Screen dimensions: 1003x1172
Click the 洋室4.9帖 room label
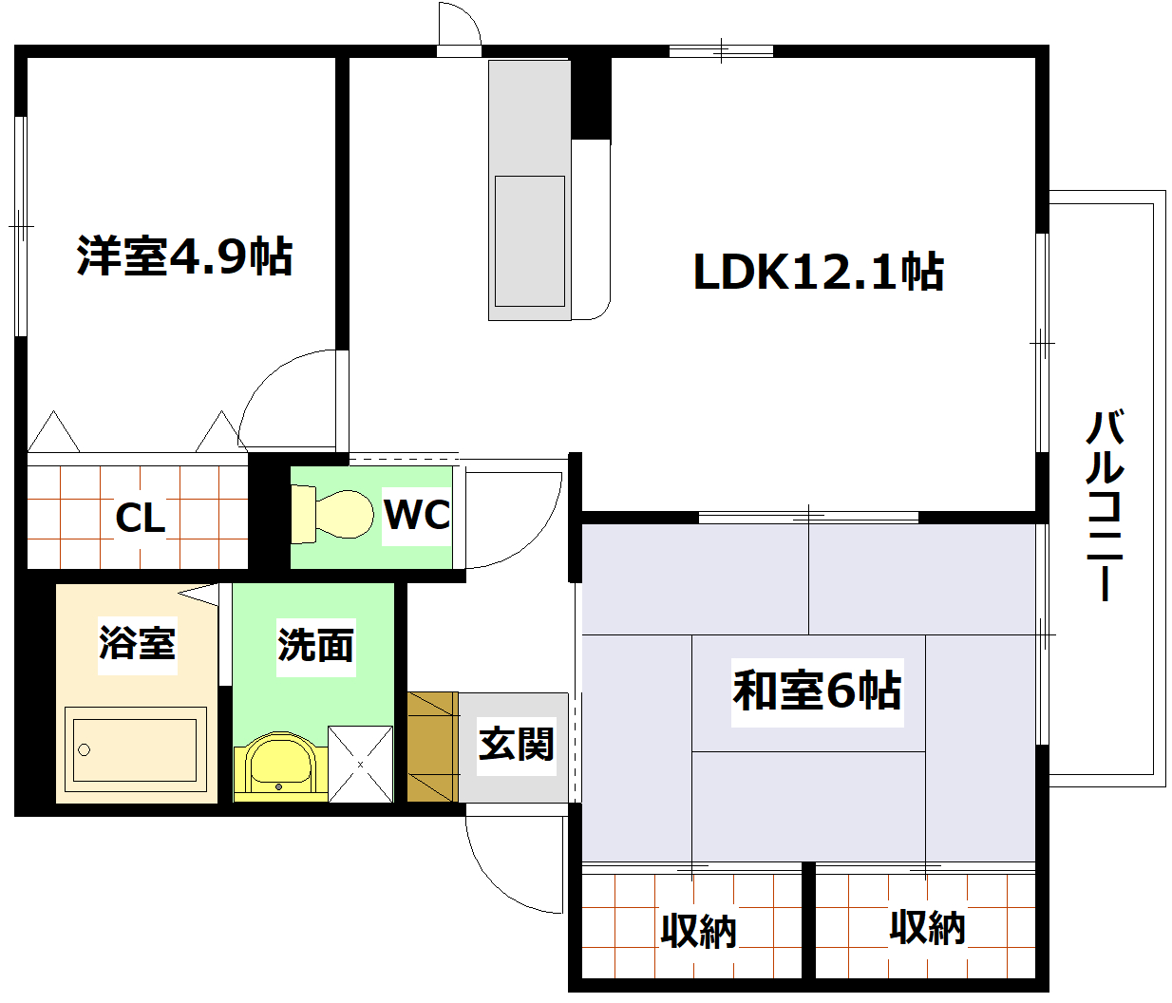pyautogui.click(x=184, y=255)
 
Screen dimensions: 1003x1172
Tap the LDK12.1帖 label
pyautogui.click(x=818, y=272)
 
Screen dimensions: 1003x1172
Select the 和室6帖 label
pyautogui.click(x=817, y=691)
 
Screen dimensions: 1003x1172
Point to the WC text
pyautogui.click(x=417, y=515)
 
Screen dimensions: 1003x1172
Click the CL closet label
pyautogui.click(x=140, y=518)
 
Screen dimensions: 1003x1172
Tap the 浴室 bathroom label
pyautogui.click(x=138, y=643)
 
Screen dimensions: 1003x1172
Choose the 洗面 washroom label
pyautogui.click(x=315, y=646)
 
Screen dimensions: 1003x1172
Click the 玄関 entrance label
pyautogui.click(x=516, y=744)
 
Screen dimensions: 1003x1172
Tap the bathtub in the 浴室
pyautogui.click(x=135, y=749)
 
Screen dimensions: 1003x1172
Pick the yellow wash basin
pyautogui.click(x=280, y=766)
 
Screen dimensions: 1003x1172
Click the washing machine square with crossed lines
pyautogui.click(x=360, y=764)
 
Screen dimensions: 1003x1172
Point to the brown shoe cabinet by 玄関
pyautogui.click(x=432, y=747)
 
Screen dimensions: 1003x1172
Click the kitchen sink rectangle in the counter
pyautogui.click(x=529, y=241)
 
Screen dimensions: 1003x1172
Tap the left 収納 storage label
pyautogui.click(x=698, y=931)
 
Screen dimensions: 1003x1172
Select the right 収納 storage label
pyautogui.click(x=927, y=927)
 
